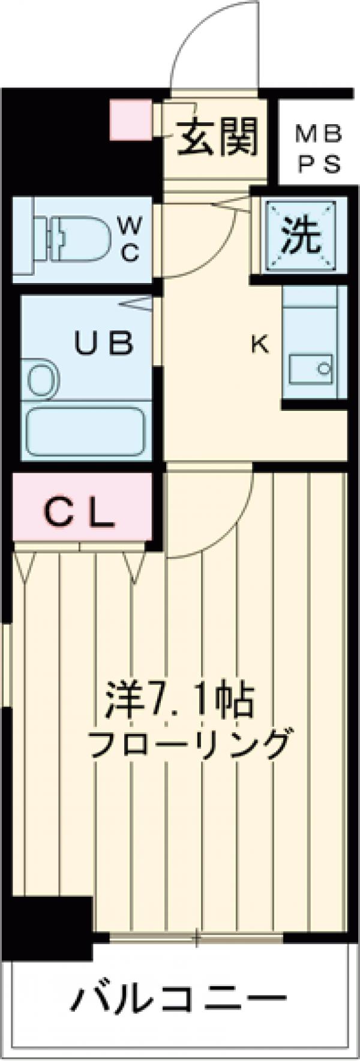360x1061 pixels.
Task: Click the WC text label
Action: [x=130, y=239]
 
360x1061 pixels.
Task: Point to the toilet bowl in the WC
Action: [x=84, y=239]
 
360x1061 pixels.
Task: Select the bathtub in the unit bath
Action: [x=85, y=432]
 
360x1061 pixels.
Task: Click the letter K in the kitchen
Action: [x=259, y=344]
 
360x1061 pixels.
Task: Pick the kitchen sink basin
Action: [x=310, y=368]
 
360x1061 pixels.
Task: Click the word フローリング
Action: [x=191, y=744]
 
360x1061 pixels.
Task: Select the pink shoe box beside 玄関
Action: [x=131, y=121]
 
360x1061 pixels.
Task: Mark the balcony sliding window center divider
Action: [x=196, y=937]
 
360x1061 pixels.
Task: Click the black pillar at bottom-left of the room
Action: [x=51, y=924]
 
